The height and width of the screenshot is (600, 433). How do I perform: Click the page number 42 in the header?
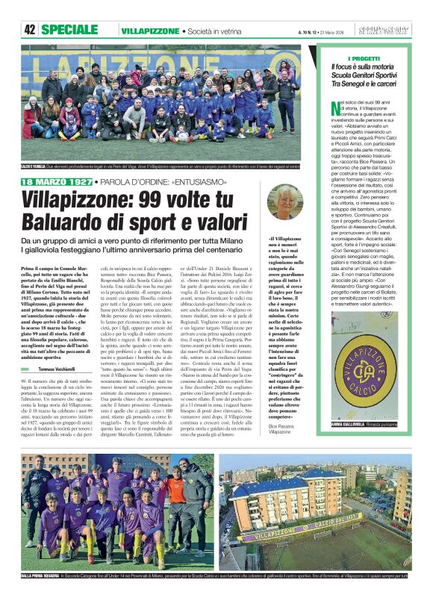point(30,30)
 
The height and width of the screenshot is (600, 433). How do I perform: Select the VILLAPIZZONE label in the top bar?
point(150,31)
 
